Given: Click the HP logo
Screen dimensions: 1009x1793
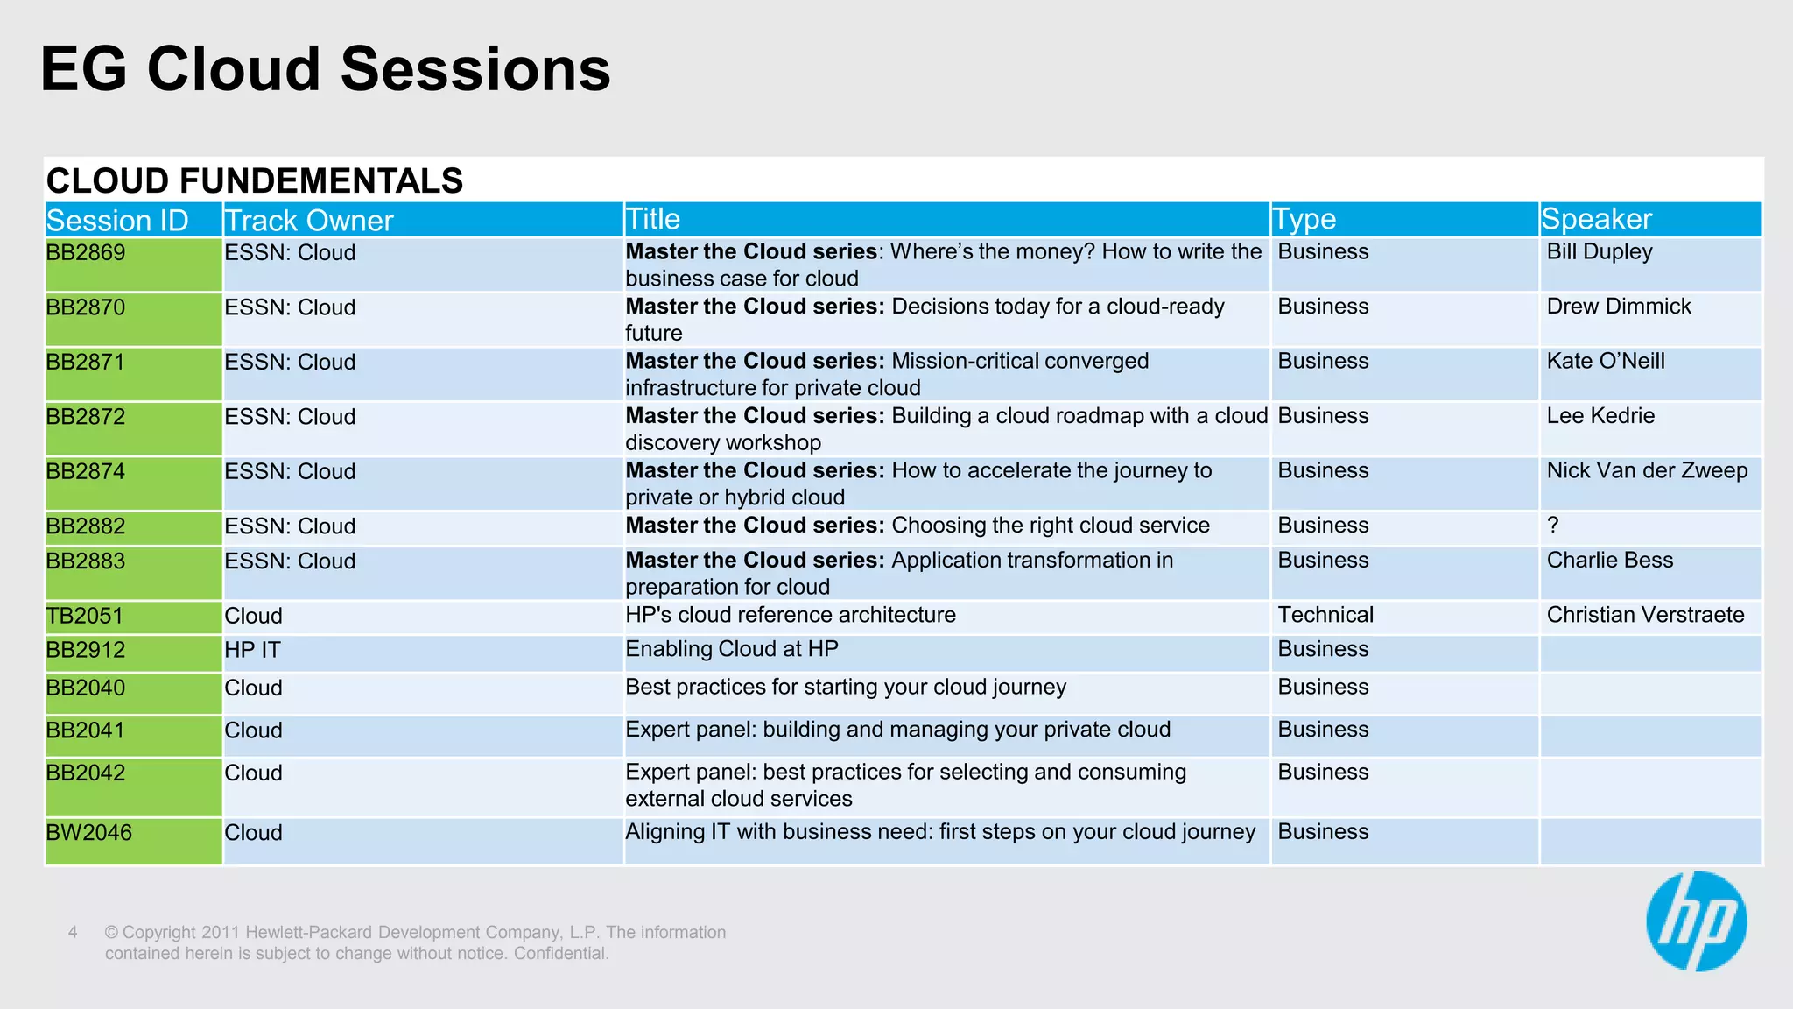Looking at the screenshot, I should pyautogui.click(x=1696, y=921).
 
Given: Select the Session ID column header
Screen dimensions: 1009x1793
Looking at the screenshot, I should pyautogui.click(x=117, y=220).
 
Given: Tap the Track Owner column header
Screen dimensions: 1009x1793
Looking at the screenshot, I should pyautogui.click(x=309, y=220).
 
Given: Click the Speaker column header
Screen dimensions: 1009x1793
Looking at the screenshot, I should pyautogui.click(x=1596, y=219).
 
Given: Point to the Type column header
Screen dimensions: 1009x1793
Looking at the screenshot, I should pyautogui.click(x=1304, y=219).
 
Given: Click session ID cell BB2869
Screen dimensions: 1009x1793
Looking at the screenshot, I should pyautogui.click(x=86, y=253).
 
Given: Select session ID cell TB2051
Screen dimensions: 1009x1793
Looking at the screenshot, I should pyautogui.click(x=85, y=616).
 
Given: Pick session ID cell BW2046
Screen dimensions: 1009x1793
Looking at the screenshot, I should pyautogui.click(x=88, y=832).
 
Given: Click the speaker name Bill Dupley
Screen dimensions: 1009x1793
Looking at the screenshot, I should pyautogui.click(x=1599, y=252).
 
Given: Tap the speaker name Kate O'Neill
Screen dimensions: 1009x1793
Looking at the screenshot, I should pyautogui.click(x=1605, y=361).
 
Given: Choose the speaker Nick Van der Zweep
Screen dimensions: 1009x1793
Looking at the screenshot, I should pyautogui.click(x=1646, y=470).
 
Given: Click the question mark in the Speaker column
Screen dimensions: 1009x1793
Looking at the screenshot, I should pyautogui.click(x=1552, y=525).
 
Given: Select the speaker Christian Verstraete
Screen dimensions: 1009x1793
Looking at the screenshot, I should pyautogui.click(x=1644, y=615).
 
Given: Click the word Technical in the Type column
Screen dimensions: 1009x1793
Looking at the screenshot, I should pyautogui.click(x=1325, y=615).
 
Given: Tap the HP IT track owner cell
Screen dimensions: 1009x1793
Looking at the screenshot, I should pyautogui.click(x=252, y=650).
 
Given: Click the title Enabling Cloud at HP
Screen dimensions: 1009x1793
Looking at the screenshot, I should pyautogui.click(x=731, y=649).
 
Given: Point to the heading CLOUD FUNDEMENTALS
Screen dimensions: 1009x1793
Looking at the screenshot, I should pyautogui.click(x=254, y=180).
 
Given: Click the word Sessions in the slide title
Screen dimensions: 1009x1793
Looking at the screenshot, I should pyautogui.click(x=475, y=69).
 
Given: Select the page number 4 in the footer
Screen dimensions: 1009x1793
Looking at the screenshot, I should pyautogui.click(x=73, y=932).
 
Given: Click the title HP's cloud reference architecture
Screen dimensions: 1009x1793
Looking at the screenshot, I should pyautogui.click(x=790, y=615).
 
